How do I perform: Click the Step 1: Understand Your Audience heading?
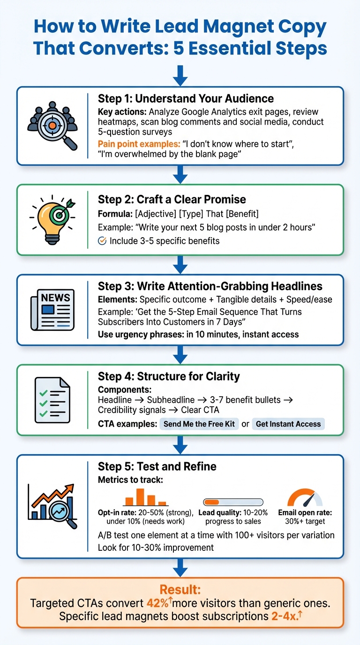[186, 98]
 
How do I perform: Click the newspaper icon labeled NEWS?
[52, 310]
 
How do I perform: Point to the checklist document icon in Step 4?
[52, 401]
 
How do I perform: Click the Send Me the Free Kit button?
[199, 424]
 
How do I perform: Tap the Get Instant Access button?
[288, 424]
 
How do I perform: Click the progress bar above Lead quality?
[233, 502]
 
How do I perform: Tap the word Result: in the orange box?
[180, 590]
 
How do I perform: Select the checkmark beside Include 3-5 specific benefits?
[102, 241]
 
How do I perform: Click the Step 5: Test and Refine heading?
[157, 466]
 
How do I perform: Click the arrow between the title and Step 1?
[180, 75]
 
